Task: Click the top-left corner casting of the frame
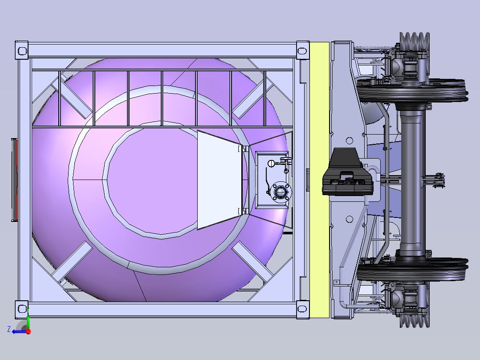(x=22, y=50)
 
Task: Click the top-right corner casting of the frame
(x=302, y=50)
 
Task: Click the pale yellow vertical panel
(x=319, y=180)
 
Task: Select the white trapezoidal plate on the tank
(x=219, y=180)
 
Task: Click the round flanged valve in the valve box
(x=280, y=192)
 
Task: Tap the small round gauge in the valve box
(x=271, y=164)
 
